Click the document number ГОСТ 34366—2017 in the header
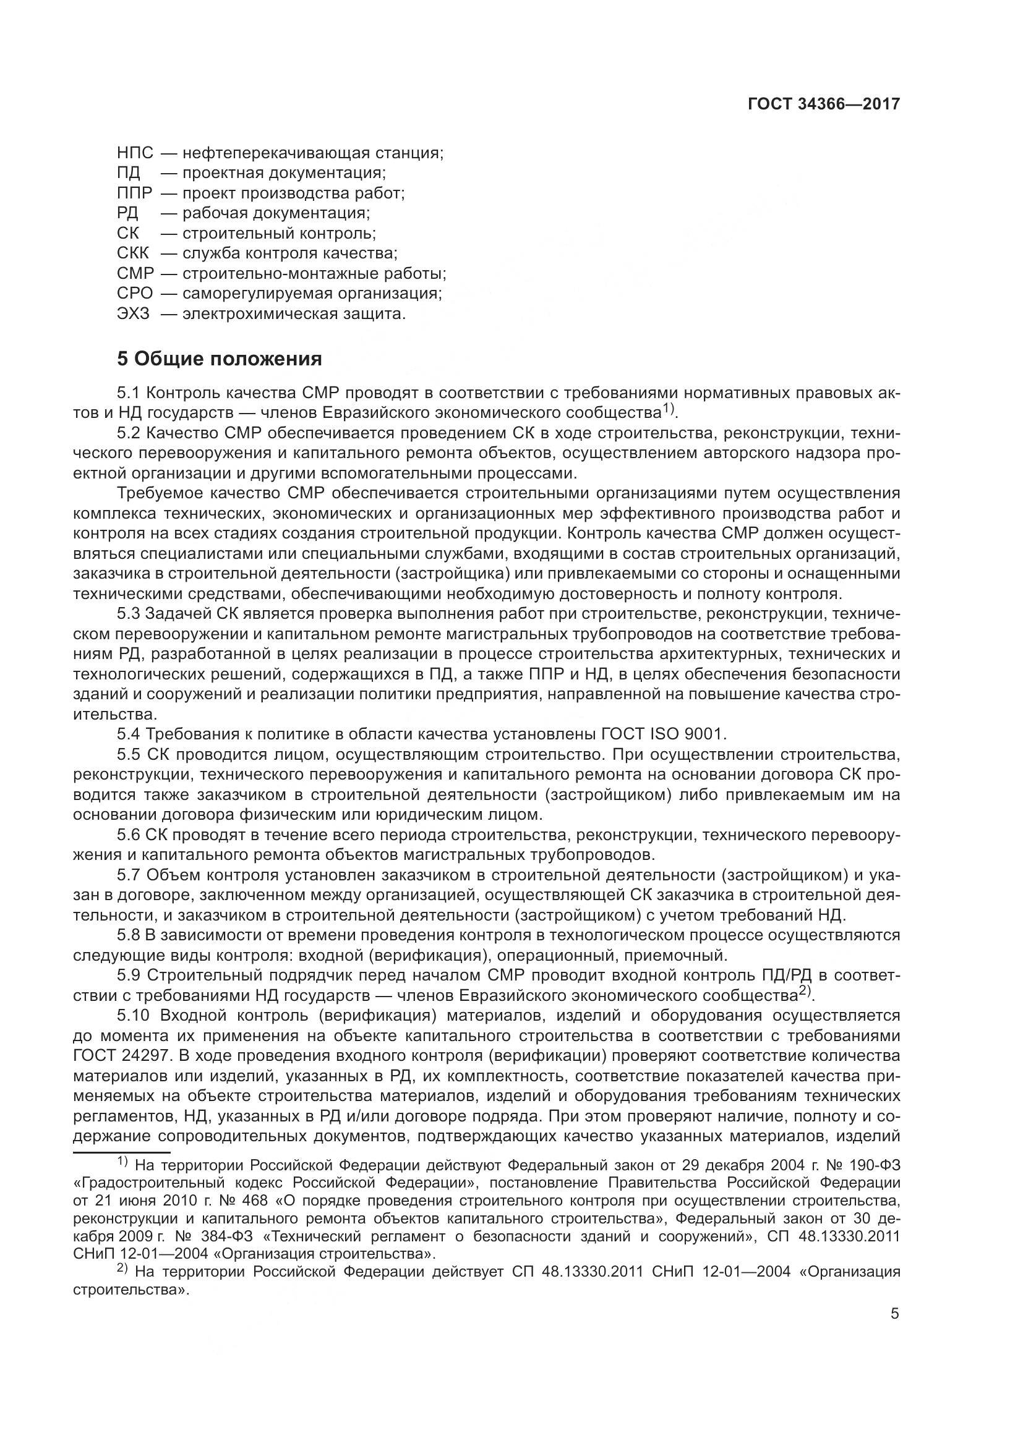(x=823, y=104)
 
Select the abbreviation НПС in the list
(x=135, y=153)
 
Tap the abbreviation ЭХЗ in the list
(x=134, y=313)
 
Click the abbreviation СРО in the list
(x=135, y=294)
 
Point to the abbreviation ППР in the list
(x=135, y=194)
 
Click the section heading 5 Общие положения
(x=219, y=359)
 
